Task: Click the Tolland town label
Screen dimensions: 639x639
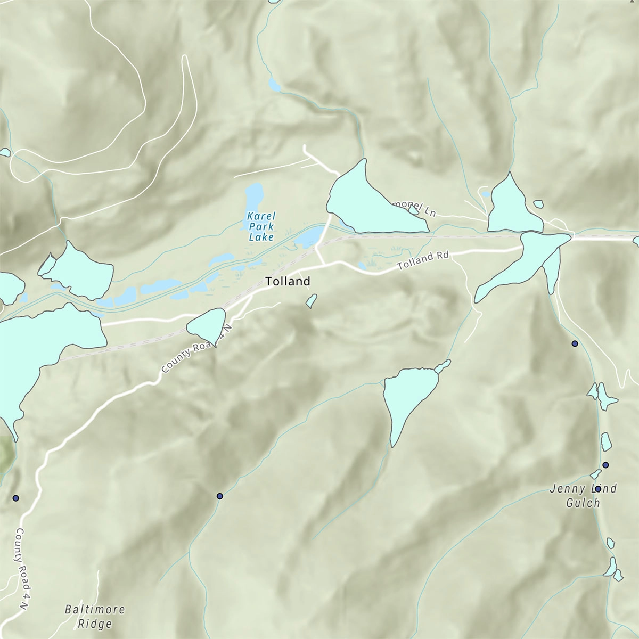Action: (288, 281)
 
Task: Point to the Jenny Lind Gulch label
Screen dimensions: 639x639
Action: (583, 495)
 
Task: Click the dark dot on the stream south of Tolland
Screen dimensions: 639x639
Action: (219, 496)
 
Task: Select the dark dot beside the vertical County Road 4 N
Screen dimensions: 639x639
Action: (15, 498)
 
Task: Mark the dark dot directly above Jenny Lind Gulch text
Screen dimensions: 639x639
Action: (598, 488)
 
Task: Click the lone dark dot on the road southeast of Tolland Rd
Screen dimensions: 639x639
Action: (575, 343)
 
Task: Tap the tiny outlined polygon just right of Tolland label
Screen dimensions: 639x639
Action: (312, 301)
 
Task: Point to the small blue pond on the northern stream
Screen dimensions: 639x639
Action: (274, 85)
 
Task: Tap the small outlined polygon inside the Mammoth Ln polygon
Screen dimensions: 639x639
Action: (413, 210)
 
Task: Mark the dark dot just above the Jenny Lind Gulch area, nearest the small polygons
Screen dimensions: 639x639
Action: (605, 465)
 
